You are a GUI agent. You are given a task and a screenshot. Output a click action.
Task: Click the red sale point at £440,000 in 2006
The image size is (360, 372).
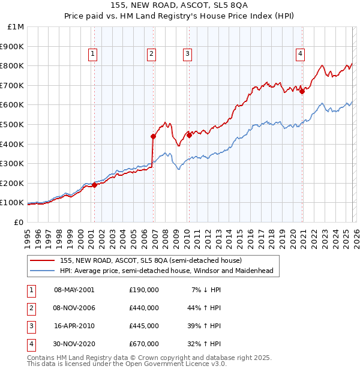(x=153, y=136)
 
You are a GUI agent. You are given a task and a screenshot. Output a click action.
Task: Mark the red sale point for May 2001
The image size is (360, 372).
(x=94, y=185)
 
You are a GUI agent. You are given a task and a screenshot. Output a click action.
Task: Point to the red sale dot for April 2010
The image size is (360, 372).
(x=189, y=135)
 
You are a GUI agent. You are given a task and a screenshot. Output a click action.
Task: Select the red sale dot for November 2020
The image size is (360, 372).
(x=302, y=91)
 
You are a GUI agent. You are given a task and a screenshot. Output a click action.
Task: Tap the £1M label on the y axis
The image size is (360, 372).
(x=16, y=27)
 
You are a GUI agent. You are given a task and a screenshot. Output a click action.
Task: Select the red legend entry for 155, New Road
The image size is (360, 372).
(x=150, y=261)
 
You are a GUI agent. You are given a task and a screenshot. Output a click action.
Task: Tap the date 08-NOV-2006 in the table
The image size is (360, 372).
(x=74, y=308)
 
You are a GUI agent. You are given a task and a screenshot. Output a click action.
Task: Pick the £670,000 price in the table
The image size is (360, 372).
(x=144, y=344)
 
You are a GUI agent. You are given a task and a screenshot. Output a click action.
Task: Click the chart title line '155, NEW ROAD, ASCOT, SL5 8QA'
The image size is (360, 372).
(x=180, y=7)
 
